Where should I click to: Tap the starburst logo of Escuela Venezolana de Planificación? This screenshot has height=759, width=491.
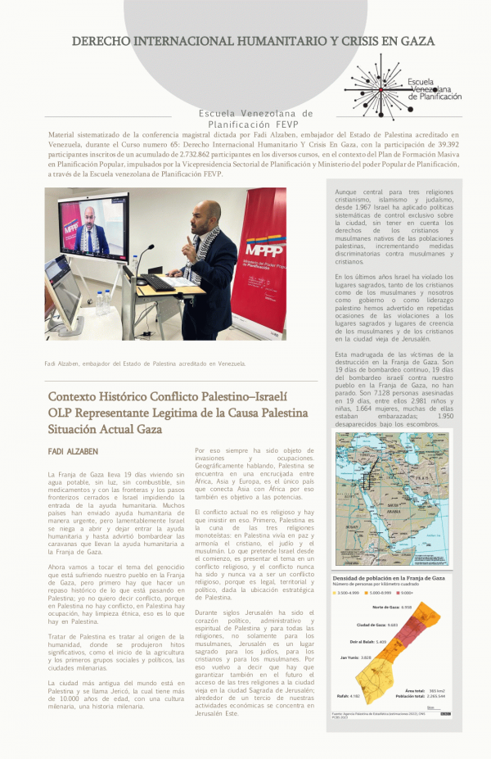[377, 87]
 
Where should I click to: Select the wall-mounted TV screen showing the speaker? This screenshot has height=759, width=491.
[92, 227]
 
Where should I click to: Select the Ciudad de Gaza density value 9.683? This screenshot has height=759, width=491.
[393, 625]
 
